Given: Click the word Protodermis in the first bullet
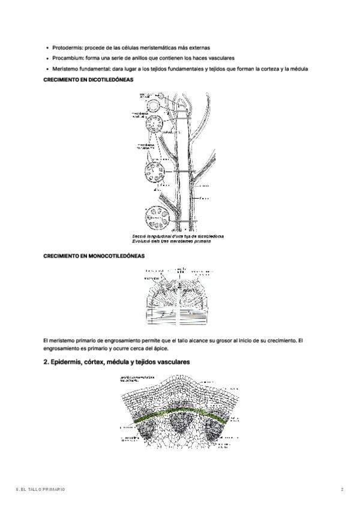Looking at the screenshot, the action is pyautogui.click(x=67, y=47).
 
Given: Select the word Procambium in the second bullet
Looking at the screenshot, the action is pyautogui.click(x=67, y=58).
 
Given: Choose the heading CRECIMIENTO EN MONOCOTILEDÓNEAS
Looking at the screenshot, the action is pyautogui.click(x=94, y=256).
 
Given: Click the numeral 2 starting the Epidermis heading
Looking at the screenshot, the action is pyautogui.click(x=46, y=363).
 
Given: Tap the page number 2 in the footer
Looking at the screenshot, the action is pyautogui.click(x=342, y=490).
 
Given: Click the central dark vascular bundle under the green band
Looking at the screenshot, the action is pyautogui.click(x=179, y=426).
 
